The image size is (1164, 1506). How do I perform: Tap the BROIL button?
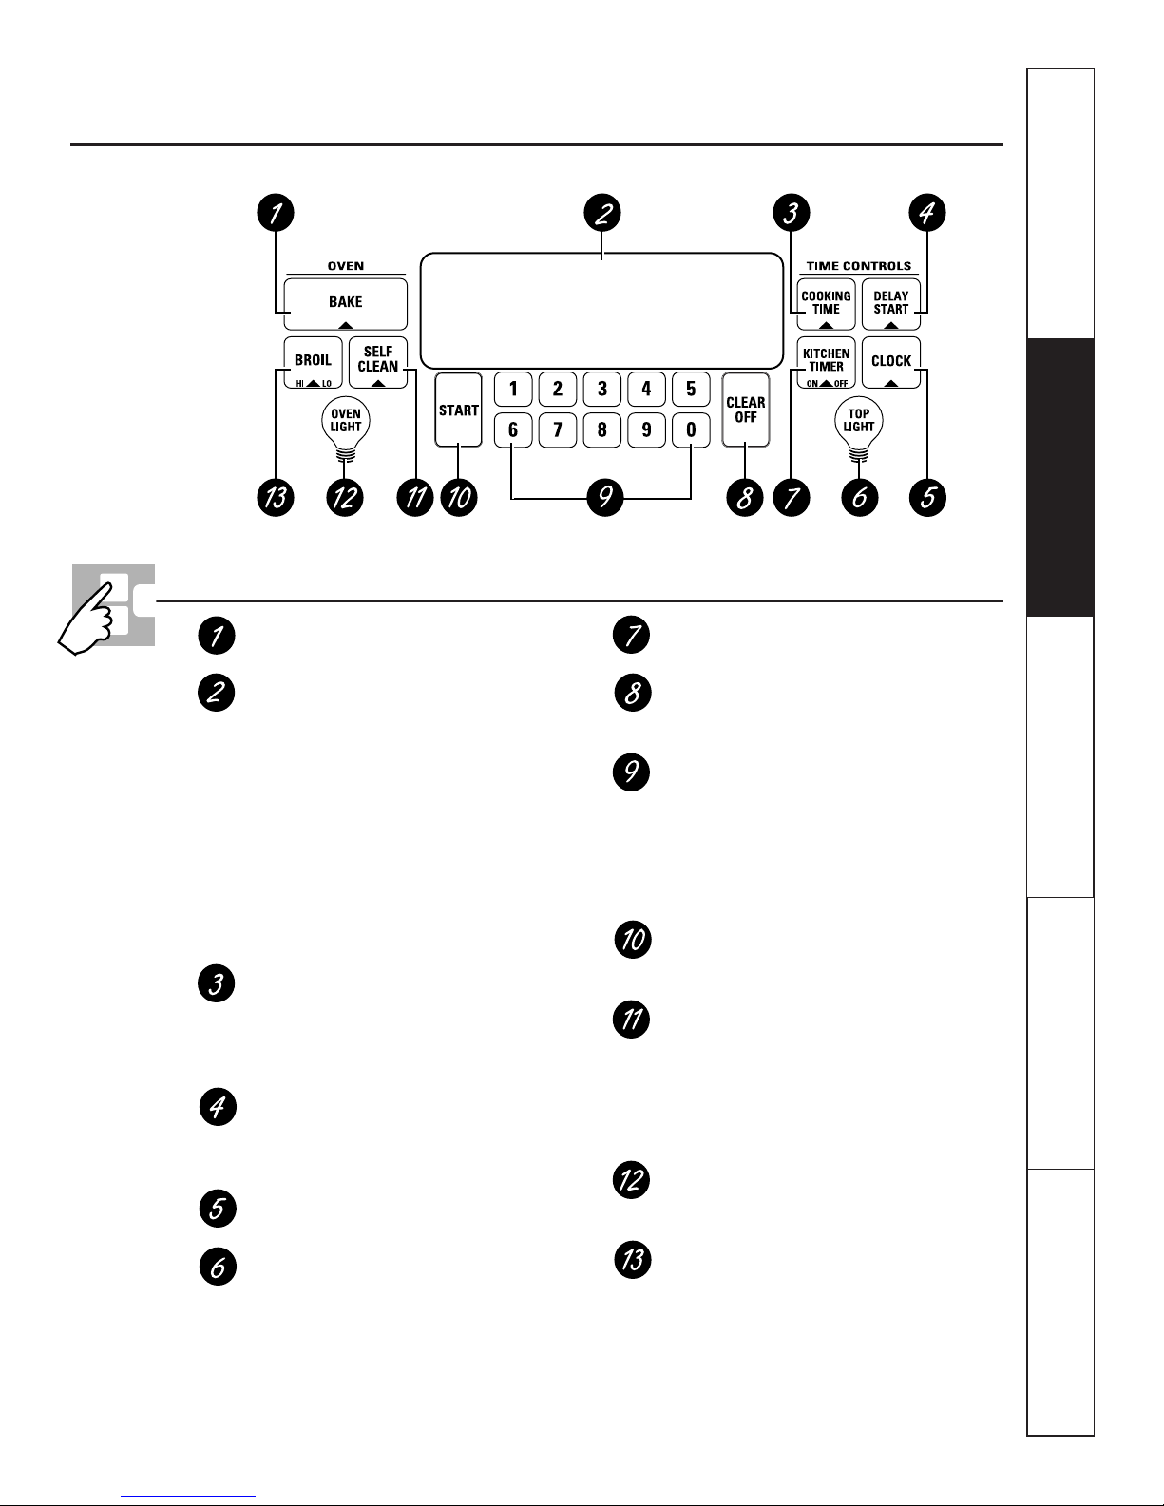(313, 362)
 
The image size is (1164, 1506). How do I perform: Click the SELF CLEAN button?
(378, 362)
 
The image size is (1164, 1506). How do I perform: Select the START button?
(458, 410)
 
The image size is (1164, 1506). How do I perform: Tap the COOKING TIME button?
(826, 304)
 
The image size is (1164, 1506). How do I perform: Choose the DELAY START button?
(891, 304)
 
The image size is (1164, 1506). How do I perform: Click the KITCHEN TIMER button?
(826, 362)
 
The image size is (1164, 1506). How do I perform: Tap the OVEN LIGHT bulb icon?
(346, 422)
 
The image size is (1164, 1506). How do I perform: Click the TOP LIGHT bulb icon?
(859, 422)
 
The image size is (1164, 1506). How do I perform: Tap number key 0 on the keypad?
(691, 430)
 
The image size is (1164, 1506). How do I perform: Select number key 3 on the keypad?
(601, 389)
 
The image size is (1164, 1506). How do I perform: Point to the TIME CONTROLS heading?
(858, 266)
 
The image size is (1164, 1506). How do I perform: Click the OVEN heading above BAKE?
(345, 266)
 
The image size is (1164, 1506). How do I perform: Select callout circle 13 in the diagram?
(275, 497)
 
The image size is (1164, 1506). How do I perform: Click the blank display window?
(601, 311)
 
